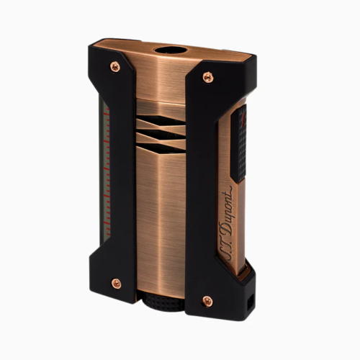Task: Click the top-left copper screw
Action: click(115, 66)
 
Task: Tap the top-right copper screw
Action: click(208, 77)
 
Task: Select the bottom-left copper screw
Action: click(116, 284)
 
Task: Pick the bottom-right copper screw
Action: click(207, 301)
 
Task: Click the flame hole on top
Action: click(171, 51)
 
